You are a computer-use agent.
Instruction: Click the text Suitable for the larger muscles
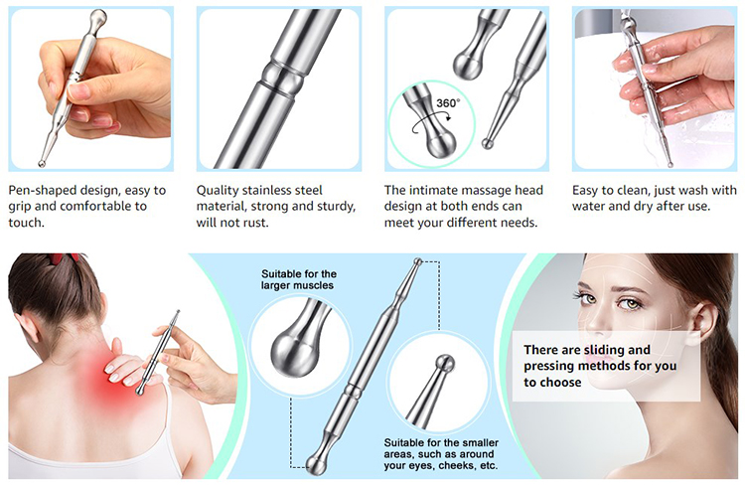[298, 279]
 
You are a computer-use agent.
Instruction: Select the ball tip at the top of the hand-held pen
[96, 18]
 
